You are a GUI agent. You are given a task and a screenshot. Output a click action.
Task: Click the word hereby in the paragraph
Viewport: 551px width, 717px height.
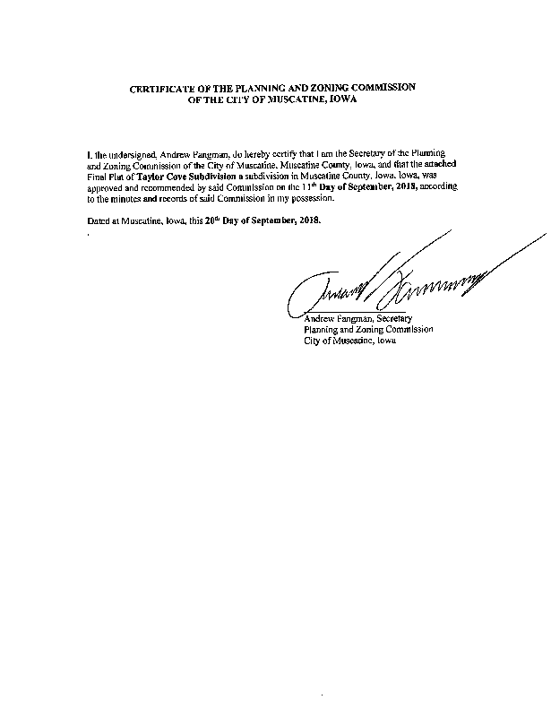pos(251,156)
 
